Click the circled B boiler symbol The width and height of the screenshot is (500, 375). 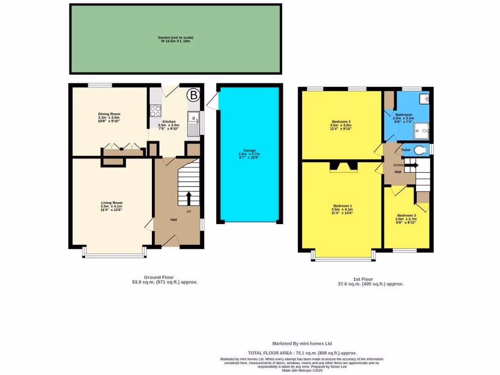[194, 96]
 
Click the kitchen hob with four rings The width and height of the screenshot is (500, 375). [156, 110]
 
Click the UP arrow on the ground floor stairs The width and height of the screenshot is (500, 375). [188, 198]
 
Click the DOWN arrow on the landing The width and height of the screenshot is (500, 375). [412, 165]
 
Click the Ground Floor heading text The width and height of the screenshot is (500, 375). [159, 277]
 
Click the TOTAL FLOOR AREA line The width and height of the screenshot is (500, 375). [302, 353]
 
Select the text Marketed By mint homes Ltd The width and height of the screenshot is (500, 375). [302, 343]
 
